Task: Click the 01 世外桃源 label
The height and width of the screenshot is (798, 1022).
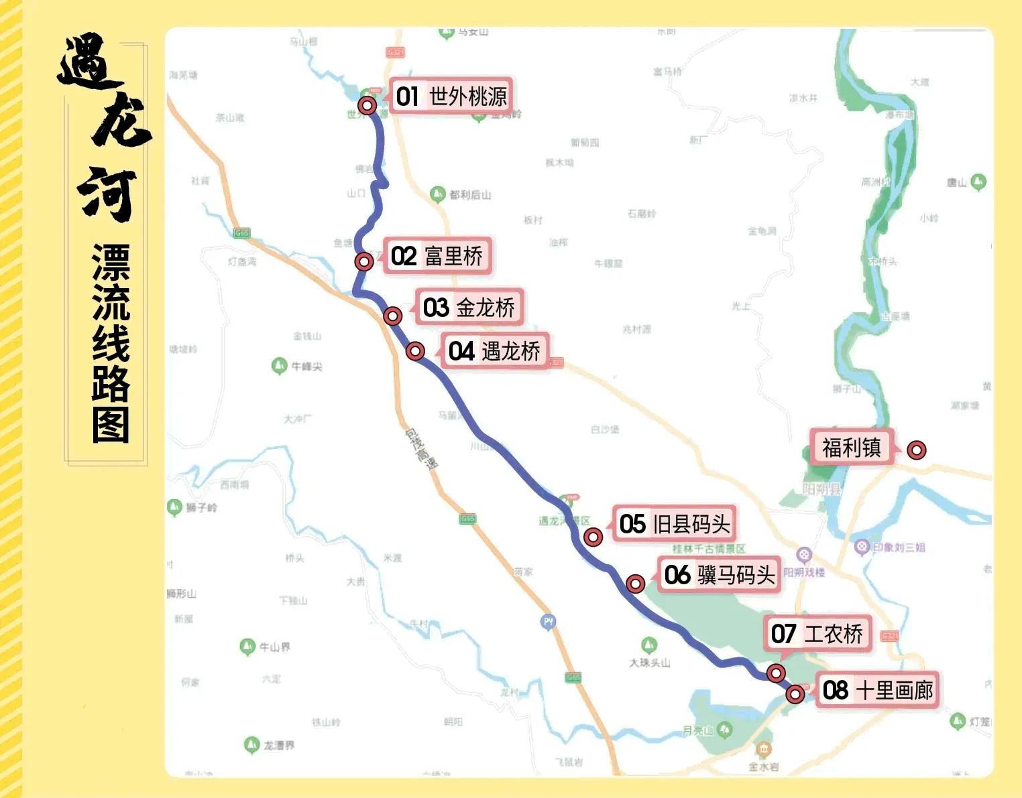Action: (451, 96)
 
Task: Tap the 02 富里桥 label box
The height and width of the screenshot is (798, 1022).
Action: (437, 256)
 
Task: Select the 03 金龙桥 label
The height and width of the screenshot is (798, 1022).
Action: (469, 308)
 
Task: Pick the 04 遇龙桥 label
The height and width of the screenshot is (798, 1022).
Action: (494, 351)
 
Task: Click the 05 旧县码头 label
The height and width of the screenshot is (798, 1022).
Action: (674, 524)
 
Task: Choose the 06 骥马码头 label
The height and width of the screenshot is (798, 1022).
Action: (719, 575)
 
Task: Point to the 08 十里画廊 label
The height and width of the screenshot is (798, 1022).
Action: (877, 690)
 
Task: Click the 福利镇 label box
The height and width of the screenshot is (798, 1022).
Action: (852, 448)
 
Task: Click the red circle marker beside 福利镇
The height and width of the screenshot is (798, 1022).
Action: (916, 450)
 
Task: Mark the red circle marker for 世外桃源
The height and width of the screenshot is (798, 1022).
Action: (367, 105)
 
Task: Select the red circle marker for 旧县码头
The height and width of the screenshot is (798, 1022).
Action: (593, 537)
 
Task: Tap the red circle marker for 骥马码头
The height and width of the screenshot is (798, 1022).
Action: (635, 584)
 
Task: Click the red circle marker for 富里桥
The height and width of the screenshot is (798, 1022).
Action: (364, 261)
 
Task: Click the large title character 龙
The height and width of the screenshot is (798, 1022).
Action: (121, 121)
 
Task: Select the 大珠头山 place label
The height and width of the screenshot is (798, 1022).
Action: (649, 663)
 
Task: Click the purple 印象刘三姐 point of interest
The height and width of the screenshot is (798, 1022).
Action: (862, 547)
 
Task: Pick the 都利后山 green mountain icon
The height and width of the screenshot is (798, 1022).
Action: (437, 194)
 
